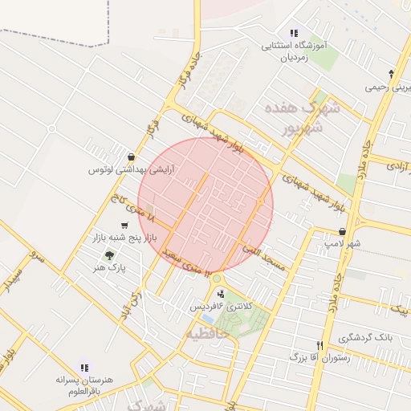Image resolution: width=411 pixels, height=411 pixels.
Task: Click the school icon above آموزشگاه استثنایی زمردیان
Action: (294, 34)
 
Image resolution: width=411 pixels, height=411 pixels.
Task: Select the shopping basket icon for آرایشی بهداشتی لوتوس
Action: (131, 157)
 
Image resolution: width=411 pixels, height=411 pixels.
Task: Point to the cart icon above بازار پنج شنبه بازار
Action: (124, 226)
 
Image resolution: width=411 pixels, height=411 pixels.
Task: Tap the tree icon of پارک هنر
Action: (109, 254)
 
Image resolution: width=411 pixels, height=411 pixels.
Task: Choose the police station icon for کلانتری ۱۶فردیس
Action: (222, 294)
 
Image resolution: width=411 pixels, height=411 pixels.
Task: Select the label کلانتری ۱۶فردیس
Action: (220, 307)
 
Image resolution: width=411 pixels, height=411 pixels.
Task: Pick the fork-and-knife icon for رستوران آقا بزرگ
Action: (319, 344)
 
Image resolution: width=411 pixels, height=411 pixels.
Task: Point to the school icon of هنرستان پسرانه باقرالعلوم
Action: (84, 367)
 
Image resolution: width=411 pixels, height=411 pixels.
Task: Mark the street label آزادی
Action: (397, 165)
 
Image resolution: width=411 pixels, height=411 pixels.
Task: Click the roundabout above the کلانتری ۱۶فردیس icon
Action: (217, 279)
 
